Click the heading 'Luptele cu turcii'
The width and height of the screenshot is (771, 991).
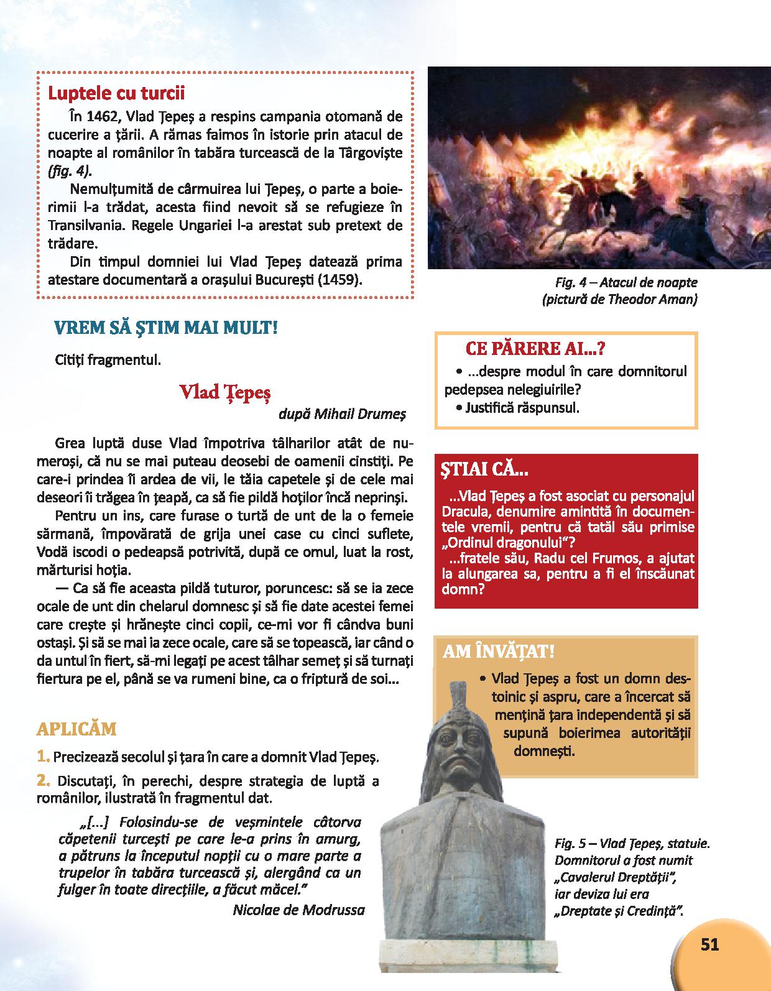click(x=116, y=94)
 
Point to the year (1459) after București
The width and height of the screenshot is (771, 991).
click(x=339, y=279)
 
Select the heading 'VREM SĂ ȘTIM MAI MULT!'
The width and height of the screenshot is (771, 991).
click(x=166, y=328)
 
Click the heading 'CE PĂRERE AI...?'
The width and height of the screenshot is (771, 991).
click(x=535, y=349)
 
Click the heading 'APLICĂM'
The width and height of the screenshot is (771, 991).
click(x=77, y=729)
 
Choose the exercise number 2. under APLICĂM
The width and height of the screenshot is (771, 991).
click(x=43, y=780)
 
